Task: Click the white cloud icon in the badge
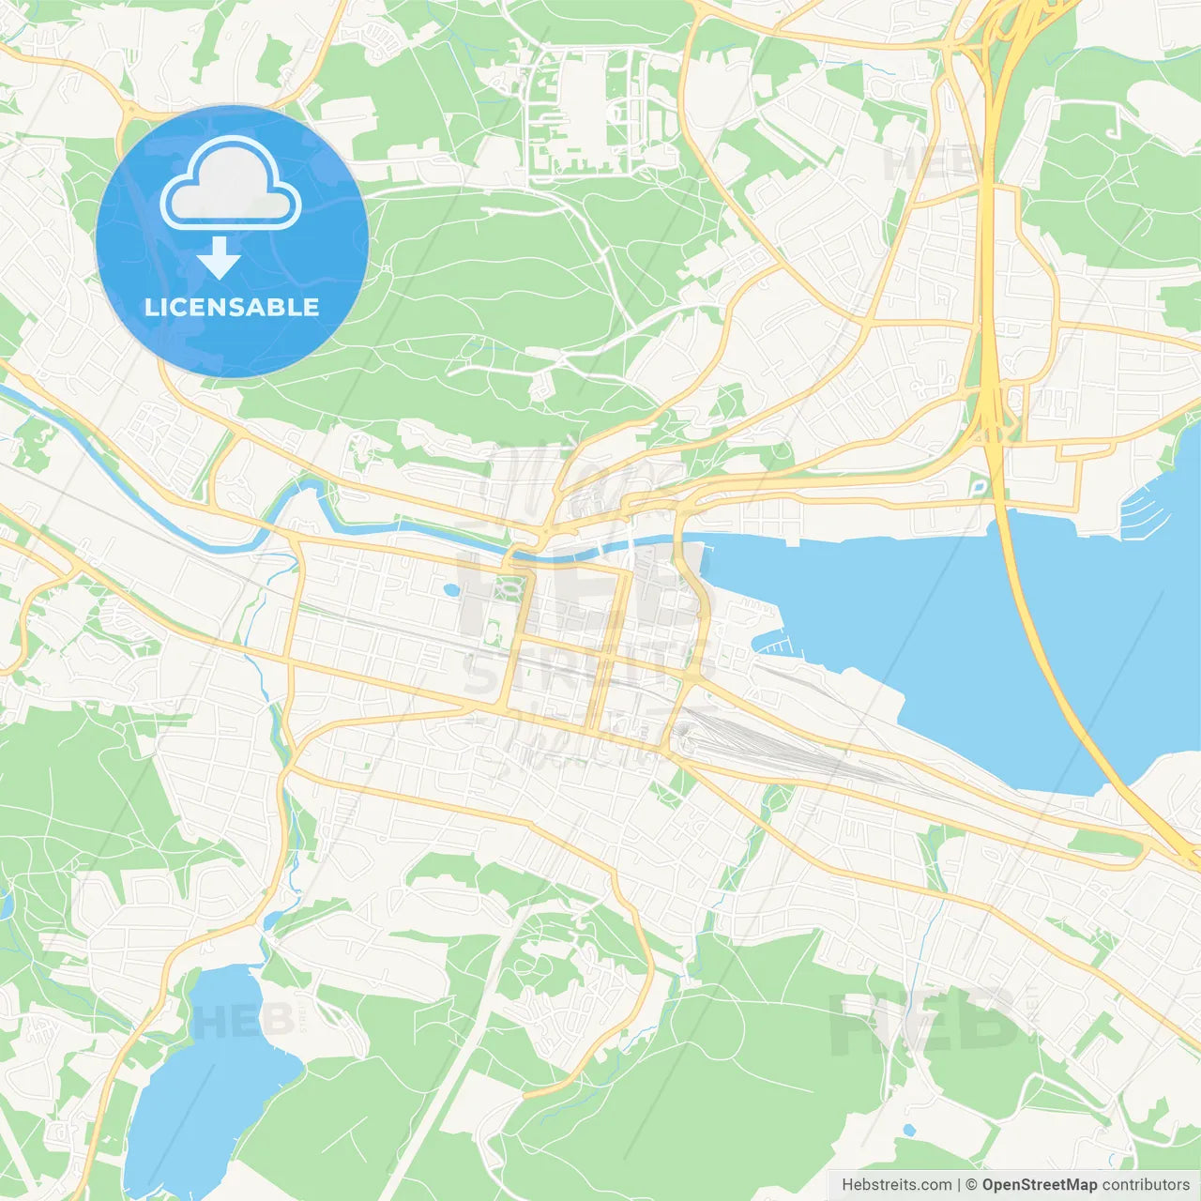coord(231,186)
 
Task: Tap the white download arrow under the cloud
coord(218,258)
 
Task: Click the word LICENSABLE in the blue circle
coord(232,307)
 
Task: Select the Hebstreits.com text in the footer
coord(896,1185)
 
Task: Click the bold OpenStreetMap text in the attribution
coord(1040,1185)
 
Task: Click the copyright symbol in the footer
coord(972,1185)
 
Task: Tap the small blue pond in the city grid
coord(451,590)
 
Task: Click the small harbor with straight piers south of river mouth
coord(775,646)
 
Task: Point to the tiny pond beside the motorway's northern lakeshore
coord(979,487)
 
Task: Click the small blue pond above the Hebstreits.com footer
coord(907,1130)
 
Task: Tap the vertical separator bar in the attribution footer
coord(959,1185)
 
